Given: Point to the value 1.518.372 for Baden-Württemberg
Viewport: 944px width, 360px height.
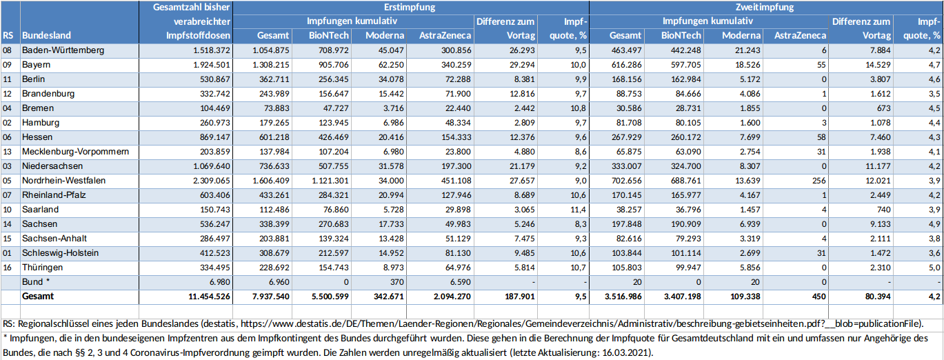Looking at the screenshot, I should [x=207, y=50].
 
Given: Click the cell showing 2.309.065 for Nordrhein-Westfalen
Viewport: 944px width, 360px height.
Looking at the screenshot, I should [x=207, y=180].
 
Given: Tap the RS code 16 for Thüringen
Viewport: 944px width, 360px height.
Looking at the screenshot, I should [x=8, y=267].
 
